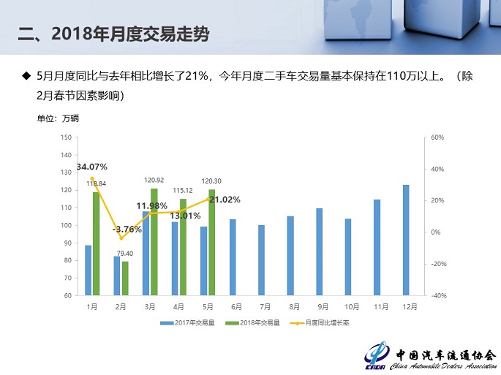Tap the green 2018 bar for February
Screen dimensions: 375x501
click(x=125, y=279)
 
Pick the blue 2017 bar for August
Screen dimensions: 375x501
click(x=290, y=256)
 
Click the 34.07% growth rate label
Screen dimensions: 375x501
click(x=92, y=167)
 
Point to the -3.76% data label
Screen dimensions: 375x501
click(x=127, y=229)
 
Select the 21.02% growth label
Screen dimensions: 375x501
click(x=225, y=199)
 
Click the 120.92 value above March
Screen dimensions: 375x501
click(x=154, y=180)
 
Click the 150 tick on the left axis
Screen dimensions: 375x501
click(x=66, y=137)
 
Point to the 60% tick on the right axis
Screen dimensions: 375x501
click(x=437, y=137)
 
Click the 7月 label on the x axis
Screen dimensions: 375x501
click(x=261, y=307)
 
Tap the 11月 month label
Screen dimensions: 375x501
click(x=377, y=307)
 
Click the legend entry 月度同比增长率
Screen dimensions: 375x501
click(x=319, y=322)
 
